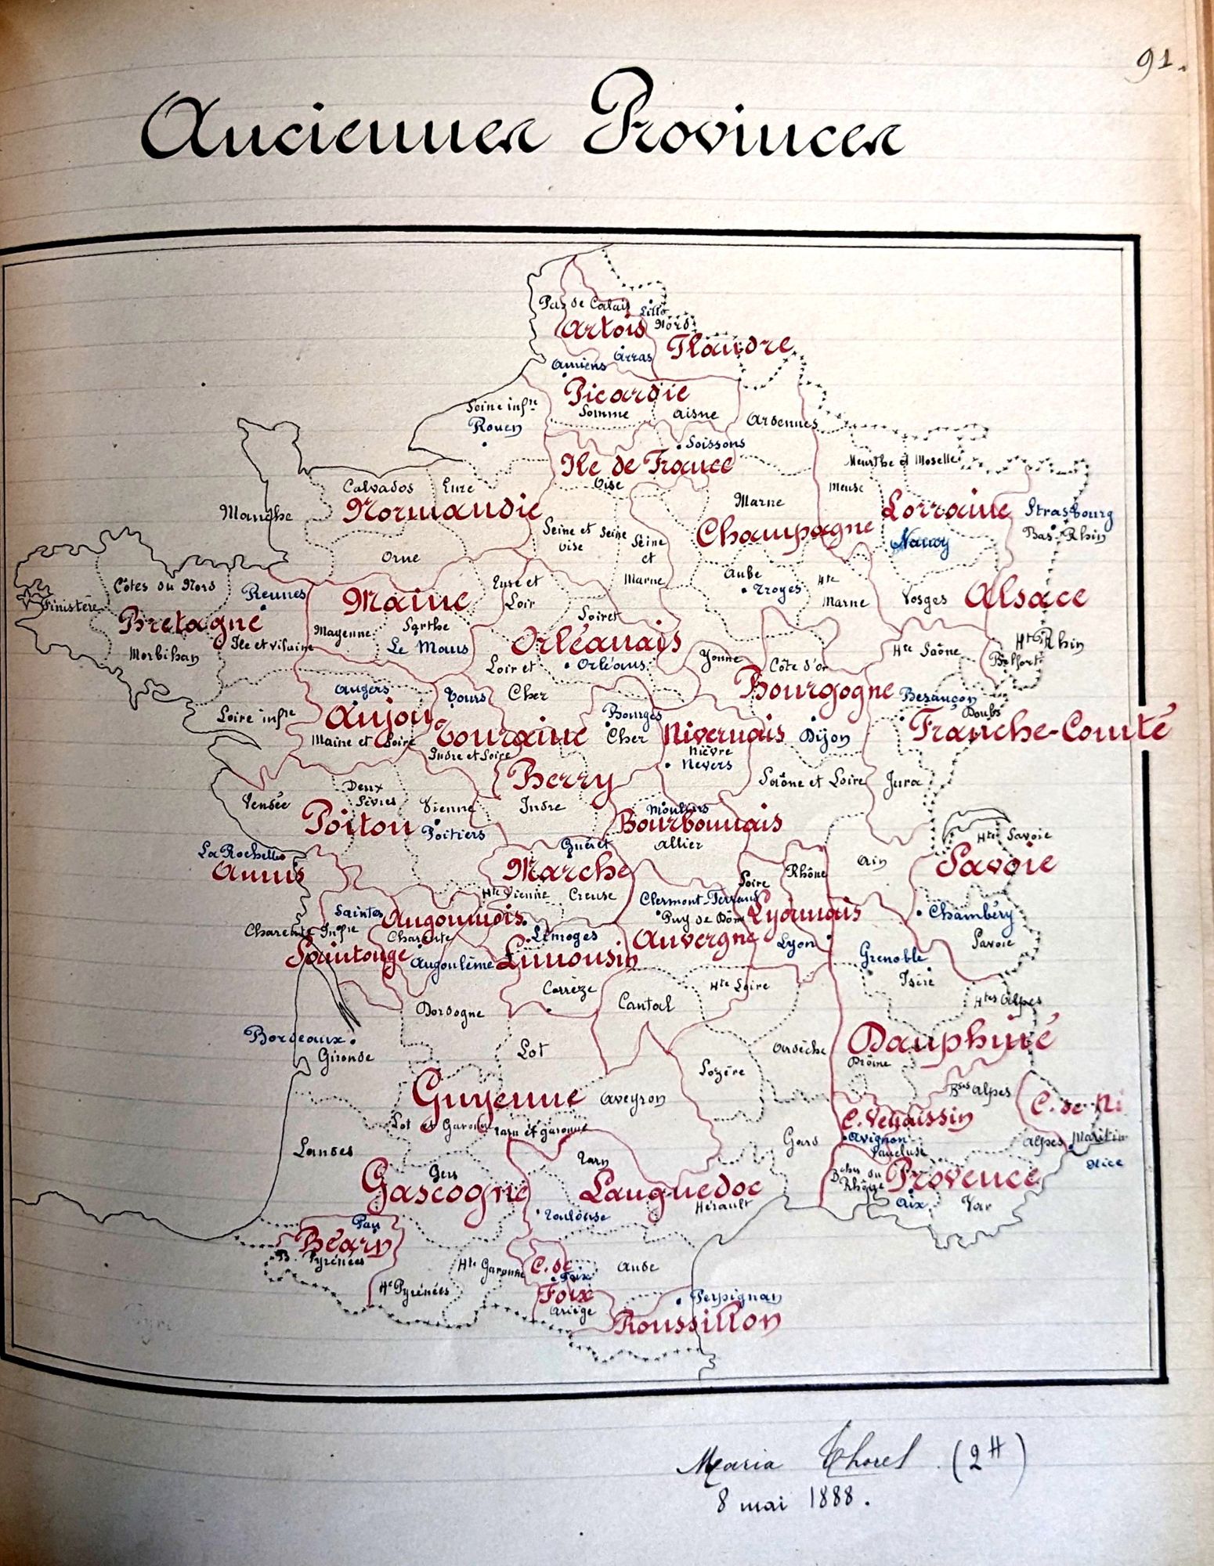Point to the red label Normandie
click(x=441, y=510)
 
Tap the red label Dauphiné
click(x=948, y=1040)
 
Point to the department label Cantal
click(x=645, y=1004)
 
